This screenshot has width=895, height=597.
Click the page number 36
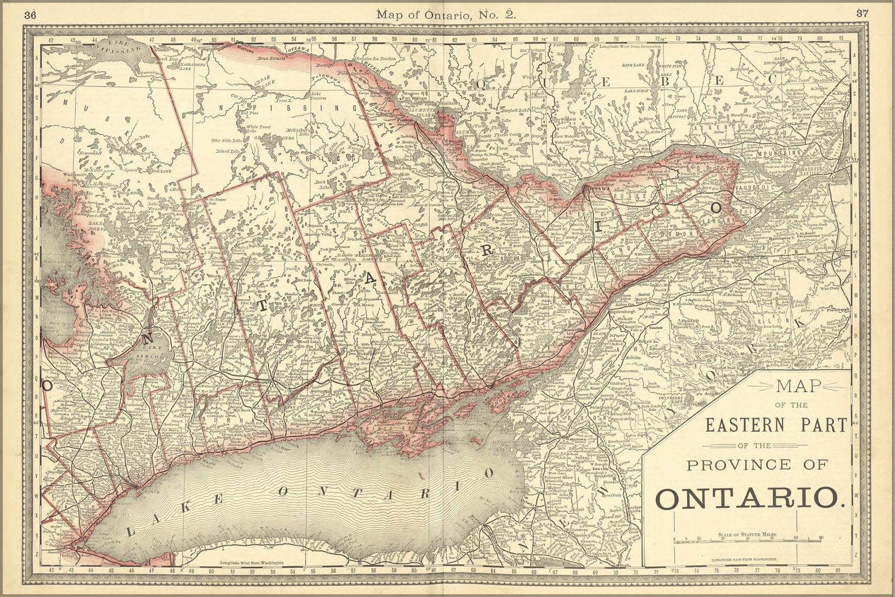pos(30,15)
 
